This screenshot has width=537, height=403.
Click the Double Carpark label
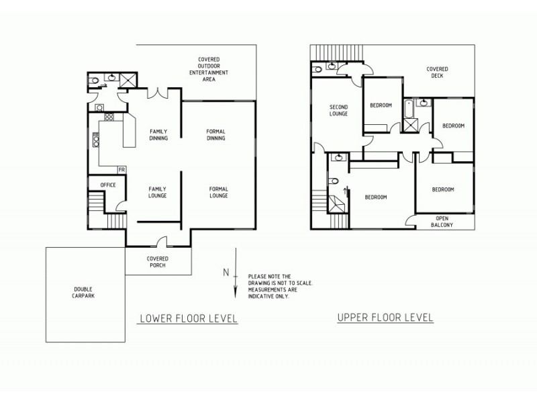pyautogui.click(x=84, y=294)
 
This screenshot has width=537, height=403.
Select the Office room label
pyautogui.click(x=108, y=185)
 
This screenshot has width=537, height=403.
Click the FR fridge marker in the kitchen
pyautogui.click(x=122, y=169)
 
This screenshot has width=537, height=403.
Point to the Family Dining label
pyautogui.click(x=158, y=135)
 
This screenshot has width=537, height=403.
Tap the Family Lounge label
pyautogui.click(x=157, y=193)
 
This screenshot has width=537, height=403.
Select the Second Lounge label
pyautogui.click(x=338, y=110)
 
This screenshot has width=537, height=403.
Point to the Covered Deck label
pyautogui.click(x=438, y=73)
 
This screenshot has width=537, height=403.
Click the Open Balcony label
pyautogui.click(x=442, y=222)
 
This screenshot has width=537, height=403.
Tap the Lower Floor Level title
pyautogui.click(x=187, y=318)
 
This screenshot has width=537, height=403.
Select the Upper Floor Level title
pyautogui.click(x=385, y=317)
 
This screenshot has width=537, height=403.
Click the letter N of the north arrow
pyautogui.click(x=228, y=273)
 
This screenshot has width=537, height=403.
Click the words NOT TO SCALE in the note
pyautogui.click(x=295, y=283)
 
